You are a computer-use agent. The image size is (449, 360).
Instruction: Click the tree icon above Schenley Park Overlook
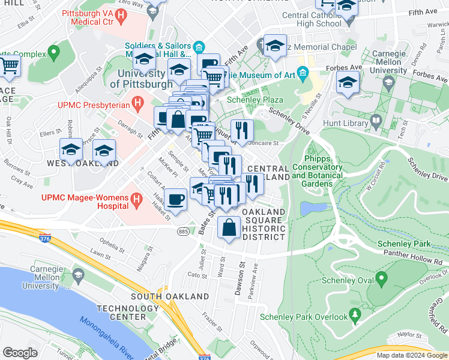pyautogui.click(x=355, y=314)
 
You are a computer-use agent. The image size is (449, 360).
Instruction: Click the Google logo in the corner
pyautogui.click(x=20, y=353)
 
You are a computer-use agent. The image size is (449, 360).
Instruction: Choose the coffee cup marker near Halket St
pyautogui.click(x=175, y=199)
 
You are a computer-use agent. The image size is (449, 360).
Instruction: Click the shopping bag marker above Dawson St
pyautogui.click(x=229, y=227)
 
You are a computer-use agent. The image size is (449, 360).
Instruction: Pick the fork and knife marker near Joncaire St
pyautogui.click(x=242, y=130)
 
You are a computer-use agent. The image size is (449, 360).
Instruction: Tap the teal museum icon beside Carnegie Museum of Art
pyautogui.click(x=303, y=75)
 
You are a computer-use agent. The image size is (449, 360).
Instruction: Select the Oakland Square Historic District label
pyautogui.click(x=264, y=224)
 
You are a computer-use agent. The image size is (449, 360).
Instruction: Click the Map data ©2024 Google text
pyautogui.click(x=412, y=355)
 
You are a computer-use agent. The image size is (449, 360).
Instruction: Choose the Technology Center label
pyautogui.click(x=121, y=312)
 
